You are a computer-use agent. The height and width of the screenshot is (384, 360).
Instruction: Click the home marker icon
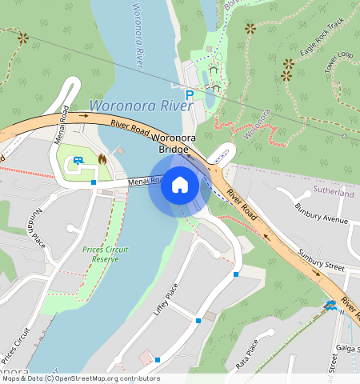(x=180, y=186)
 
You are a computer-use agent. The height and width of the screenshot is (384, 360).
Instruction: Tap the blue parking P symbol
(x=190, y=94)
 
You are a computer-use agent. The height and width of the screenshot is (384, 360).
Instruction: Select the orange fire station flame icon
(x=102, y=159)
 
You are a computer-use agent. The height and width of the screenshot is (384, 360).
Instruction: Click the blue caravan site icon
(x=78, y=159)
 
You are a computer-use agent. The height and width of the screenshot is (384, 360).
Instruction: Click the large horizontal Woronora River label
(x=142, y=106)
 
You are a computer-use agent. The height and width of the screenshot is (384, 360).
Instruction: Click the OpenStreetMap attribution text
(x=80, y=378)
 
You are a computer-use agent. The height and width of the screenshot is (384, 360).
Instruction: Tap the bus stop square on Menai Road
(x=94, y=183)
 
